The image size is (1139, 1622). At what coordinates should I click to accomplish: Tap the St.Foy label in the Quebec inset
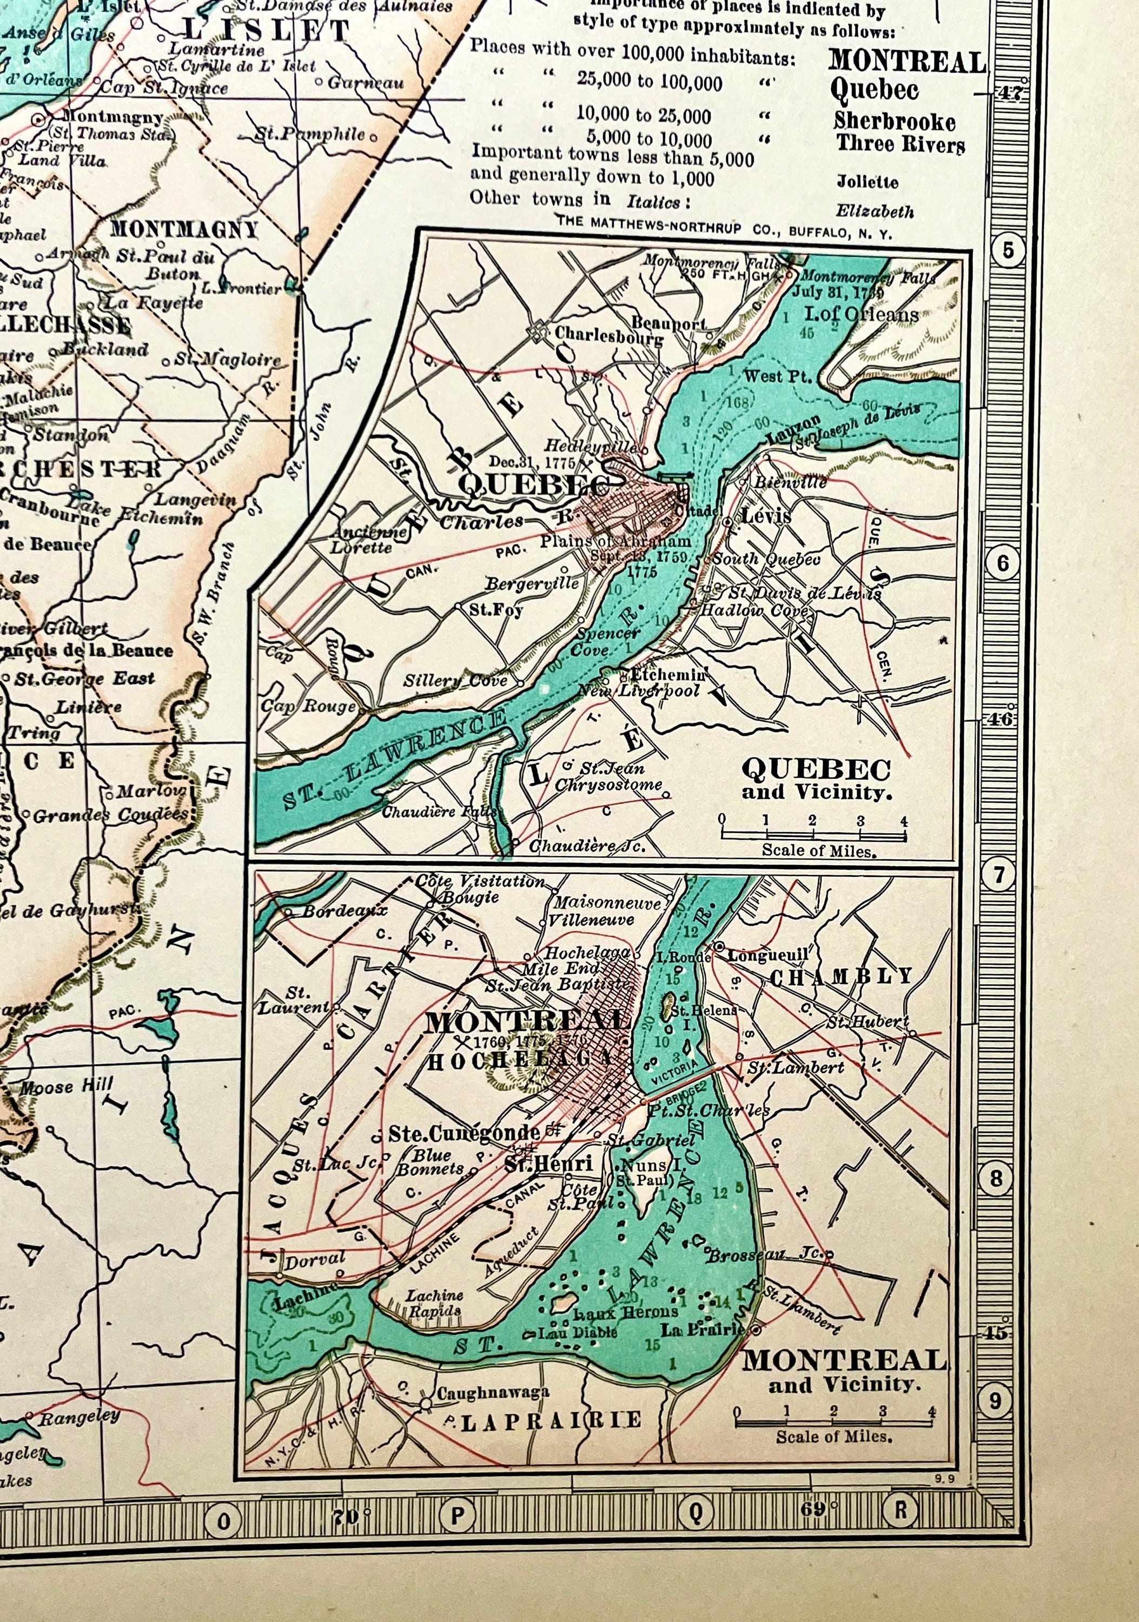tap(496, 609)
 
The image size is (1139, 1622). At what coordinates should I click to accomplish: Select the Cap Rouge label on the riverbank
tap(308, 706)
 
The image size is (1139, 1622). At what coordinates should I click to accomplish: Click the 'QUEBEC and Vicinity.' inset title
tap(816, 779)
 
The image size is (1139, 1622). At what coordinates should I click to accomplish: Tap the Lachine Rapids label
tap(434, 1302)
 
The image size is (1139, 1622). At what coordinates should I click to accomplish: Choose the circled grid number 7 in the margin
tap(998, 876)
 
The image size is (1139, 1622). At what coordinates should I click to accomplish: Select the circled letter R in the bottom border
tap(901, 1511)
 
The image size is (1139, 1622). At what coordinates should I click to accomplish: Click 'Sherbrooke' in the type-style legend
tap(894, 122)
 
